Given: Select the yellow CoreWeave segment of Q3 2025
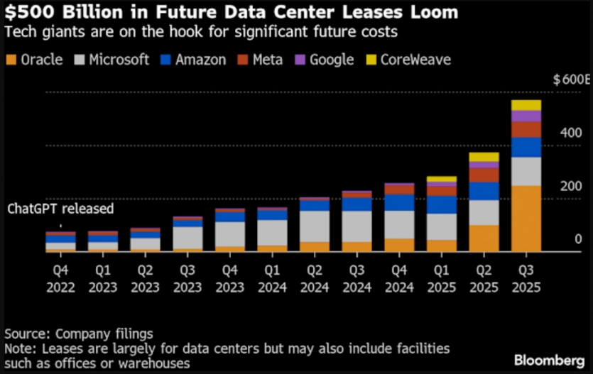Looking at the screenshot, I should click(526, 105).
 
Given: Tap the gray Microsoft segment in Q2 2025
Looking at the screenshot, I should click(484, 212).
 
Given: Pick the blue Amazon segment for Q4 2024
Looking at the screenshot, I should click(400, 202).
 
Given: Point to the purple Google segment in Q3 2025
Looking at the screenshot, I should click(526, 116).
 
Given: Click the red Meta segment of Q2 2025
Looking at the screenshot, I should click(484, 175).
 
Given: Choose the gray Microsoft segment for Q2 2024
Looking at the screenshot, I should click(315, 226).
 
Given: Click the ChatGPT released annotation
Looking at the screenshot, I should click(60, 209).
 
